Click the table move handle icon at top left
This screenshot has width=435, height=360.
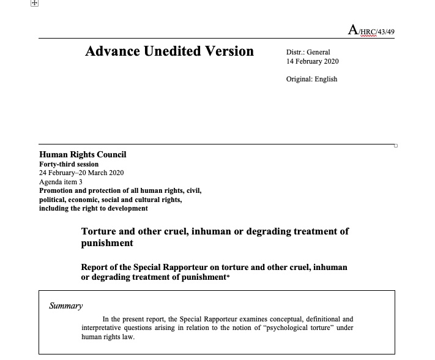point(34,4)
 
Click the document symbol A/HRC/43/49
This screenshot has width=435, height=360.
point(374,31)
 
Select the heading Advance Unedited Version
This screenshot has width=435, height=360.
point(169,51)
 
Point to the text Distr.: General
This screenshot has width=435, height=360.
point(308,53)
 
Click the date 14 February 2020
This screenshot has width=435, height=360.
point(312,61)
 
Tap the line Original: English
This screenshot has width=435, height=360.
point(311,79)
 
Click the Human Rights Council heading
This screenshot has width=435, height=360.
point(83,155)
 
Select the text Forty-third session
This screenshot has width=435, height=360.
point(69,164)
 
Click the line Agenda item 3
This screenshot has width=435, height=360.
point(60,182)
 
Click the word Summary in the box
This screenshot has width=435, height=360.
point(66,306)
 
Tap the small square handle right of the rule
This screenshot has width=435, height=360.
point(396,146)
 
